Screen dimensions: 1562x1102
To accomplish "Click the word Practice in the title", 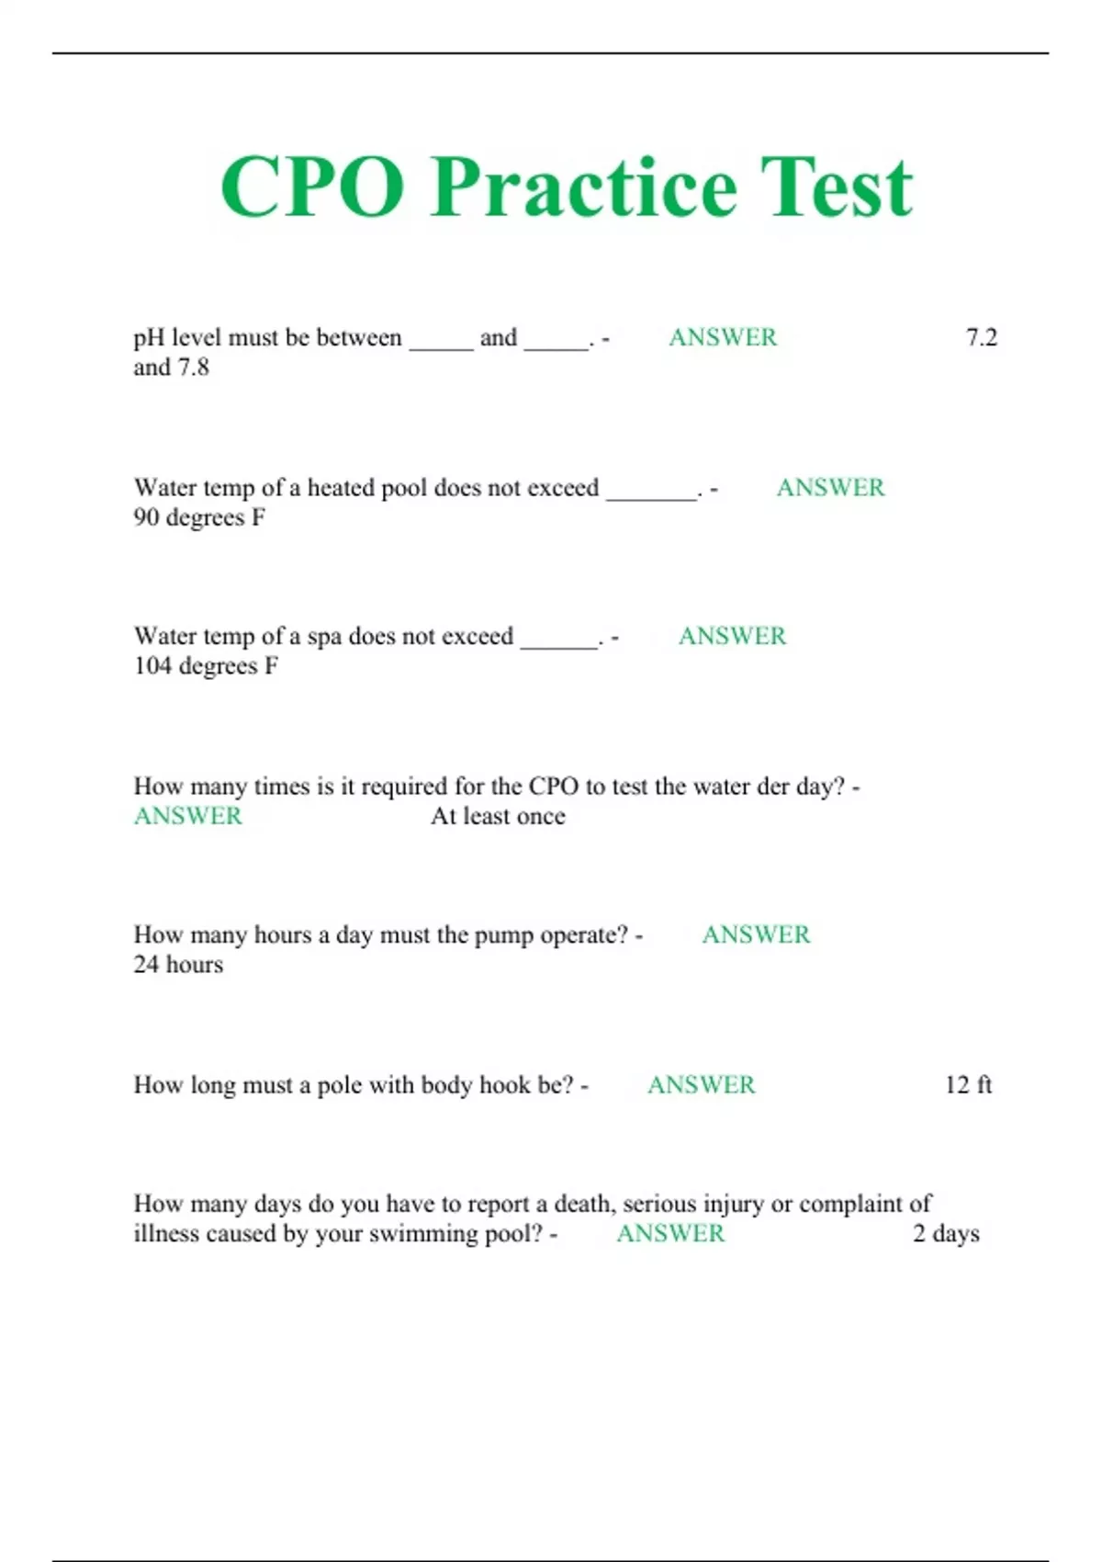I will point(584,187).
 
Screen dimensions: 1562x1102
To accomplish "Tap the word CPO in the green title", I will point(312,187).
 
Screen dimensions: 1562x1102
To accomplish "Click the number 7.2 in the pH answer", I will point(981,338).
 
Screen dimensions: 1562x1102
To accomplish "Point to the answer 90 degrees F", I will point(199,518).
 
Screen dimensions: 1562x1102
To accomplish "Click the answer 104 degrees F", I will point(206,666).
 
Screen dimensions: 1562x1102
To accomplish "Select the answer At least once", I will point(498,817).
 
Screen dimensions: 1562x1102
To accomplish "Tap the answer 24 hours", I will point(178,965).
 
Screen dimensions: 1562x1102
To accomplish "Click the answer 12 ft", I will point(968,1085).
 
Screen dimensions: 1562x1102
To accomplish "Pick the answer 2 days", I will point(946,1234).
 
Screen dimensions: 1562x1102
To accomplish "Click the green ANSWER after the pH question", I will point(723,338).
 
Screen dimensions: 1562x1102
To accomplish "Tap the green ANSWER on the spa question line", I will point(732,637).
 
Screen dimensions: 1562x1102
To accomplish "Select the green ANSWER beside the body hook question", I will point(701,1085).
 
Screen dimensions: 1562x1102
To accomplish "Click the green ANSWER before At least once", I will point(188,817).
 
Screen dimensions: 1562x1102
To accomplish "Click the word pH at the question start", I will point(149,339).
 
